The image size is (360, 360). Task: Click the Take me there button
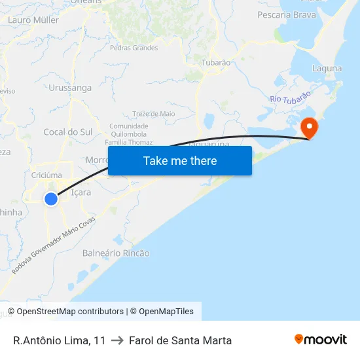[x=180, y=160]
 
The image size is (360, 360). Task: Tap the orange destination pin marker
[x=308, y=127]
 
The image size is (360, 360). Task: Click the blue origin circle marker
[x=51, y=198]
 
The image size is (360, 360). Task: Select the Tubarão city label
[x=216, y=63]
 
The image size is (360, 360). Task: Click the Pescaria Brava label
[x=287, y=14]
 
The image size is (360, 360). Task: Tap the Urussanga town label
[x=70, y=87]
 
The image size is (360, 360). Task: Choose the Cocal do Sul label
[x=67, y=132]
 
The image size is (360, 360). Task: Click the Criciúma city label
[x=46, y=175]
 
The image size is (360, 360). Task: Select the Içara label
[x=81, y=192]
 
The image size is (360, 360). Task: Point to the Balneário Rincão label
[x=116, y=253]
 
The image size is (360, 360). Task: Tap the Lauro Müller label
[x=33, y=20]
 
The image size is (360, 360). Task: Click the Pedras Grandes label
[x=134, y=48]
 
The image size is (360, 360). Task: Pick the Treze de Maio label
[x=154, y=113]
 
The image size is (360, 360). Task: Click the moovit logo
[x=321, y=340]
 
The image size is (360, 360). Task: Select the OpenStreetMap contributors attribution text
[x=69, y=312]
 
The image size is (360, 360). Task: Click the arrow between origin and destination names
[x=117, y=340]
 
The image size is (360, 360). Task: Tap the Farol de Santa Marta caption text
[x=180, y=340]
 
